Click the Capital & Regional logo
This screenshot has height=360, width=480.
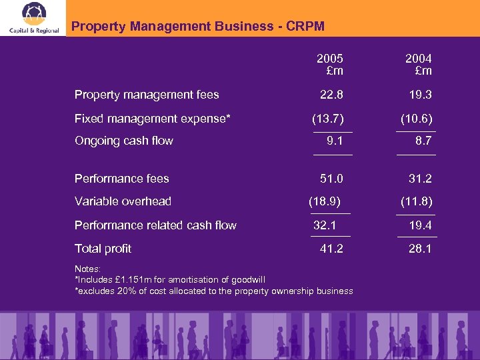click(x=33, y=18)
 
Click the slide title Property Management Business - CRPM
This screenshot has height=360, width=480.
click(x=198, y=27)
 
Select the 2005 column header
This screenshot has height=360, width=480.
click(x=330, y=65)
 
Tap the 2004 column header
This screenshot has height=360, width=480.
click(x=419, y=65)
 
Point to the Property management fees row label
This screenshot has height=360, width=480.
click(x=147, y=95)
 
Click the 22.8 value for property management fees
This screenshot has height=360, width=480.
click(x=331, y=95)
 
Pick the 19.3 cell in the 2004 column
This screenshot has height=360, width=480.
click(x=420, y=95)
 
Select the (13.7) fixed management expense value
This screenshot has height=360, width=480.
click(x=328, y=119)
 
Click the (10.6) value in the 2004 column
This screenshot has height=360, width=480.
click(x=417, y=119)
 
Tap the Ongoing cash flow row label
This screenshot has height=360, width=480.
click(x=124, y=141)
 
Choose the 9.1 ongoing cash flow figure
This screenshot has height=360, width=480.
click(x=335, y=141)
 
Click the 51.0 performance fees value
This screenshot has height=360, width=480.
click(x=331, y=178)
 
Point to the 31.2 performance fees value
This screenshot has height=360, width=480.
click(x=420, y=178)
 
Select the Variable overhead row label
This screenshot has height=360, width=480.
click(x=123, y=201)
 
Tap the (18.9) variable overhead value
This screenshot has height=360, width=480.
click(x=325, y=201)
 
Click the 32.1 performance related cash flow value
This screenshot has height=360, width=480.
click(x=325, y=225)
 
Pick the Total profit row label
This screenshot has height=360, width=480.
click(x=103, y=249)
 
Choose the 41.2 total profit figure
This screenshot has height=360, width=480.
click(x=331, y=249)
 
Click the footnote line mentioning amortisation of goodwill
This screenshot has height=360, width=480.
click(x=170, y=279)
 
